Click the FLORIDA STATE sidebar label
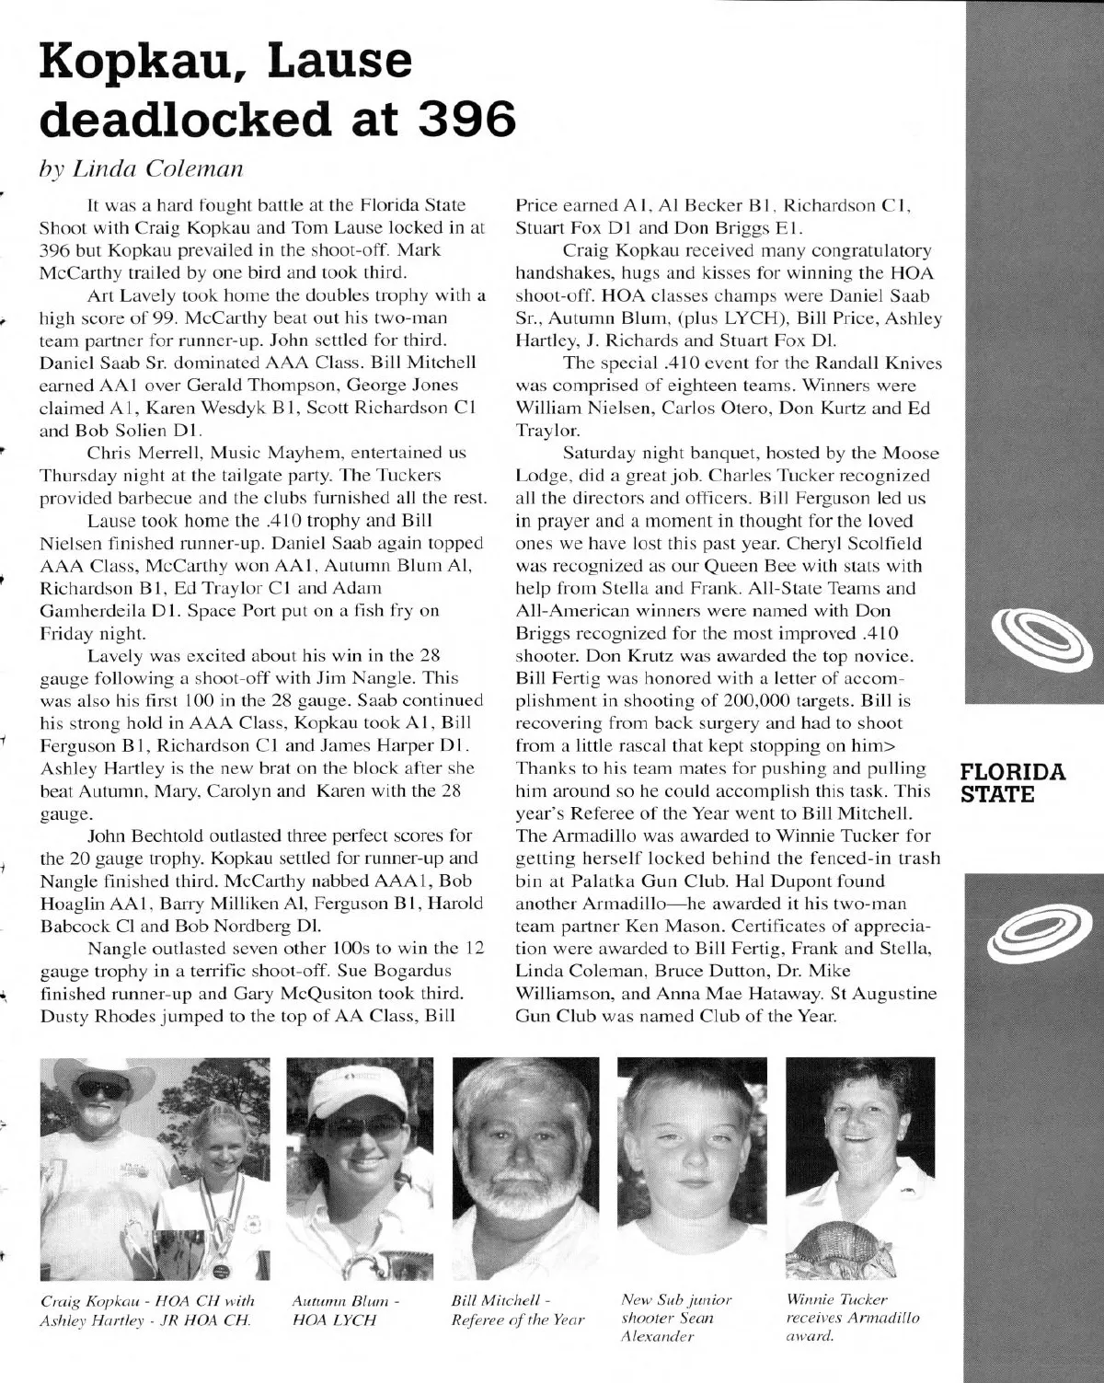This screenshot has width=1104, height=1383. (1012, 782)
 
